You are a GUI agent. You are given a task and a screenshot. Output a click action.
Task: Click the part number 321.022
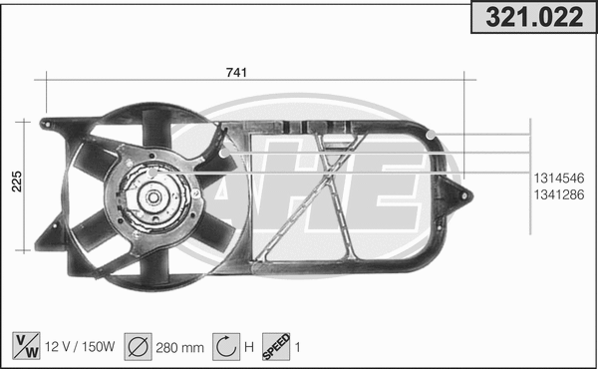532,17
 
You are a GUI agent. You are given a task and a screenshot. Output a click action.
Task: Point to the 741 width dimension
236,71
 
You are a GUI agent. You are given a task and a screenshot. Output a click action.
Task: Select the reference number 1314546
558,177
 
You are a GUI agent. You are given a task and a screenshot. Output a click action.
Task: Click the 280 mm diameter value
180,346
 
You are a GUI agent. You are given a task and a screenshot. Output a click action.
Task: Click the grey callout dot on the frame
431,136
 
